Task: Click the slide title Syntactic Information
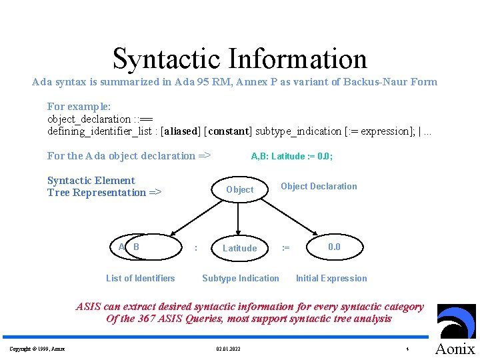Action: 240,59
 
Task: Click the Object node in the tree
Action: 239,189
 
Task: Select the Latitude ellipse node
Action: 239,248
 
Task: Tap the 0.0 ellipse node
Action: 334,247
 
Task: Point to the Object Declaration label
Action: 319,186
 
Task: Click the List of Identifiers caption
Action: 140,278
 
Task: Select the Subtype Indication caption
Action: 241,278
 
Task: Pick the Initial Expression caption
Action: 331,278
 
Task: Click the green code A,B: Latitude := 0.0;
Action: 292,157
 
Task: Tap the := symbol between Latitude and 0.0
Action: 285,248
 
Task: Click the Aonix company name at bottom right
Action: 455,349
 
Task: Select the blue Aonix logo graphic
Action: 456,322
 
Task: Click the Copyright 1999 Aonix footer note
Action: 37,349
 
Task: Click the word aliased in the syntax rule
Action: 180,131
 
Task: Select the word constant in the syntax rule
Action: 229,131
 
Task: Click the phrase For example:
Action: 79,106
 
